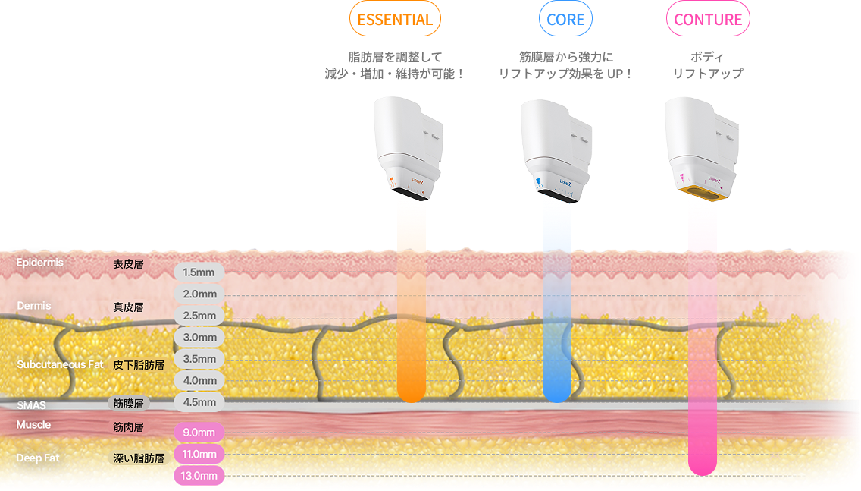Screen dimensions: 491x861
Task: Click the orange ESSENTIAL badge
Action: point(394,19)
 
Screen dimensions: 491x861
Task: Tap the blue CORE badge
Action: point(565,19)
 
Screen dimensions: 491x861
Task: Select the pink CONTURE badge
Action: point(708,19)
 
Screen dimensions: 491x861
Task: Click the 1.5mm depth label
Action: point(199,272)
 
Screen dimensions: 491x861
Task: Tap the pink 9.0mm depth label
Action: point(199,433)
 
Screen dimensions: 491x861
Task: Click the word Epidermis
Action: point(39,263)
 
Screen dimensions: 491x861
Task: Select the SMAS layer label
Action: point(31,405)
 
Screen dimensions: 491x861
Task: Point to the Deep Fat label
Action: point(38,458)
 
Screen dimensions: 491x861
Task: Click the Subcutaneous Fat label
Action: point(60,364)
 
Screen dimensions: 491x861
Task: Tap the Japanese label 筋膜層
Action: point(128,404)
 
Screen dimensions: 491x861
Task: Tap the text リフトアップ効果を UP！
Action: point(565,74)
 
